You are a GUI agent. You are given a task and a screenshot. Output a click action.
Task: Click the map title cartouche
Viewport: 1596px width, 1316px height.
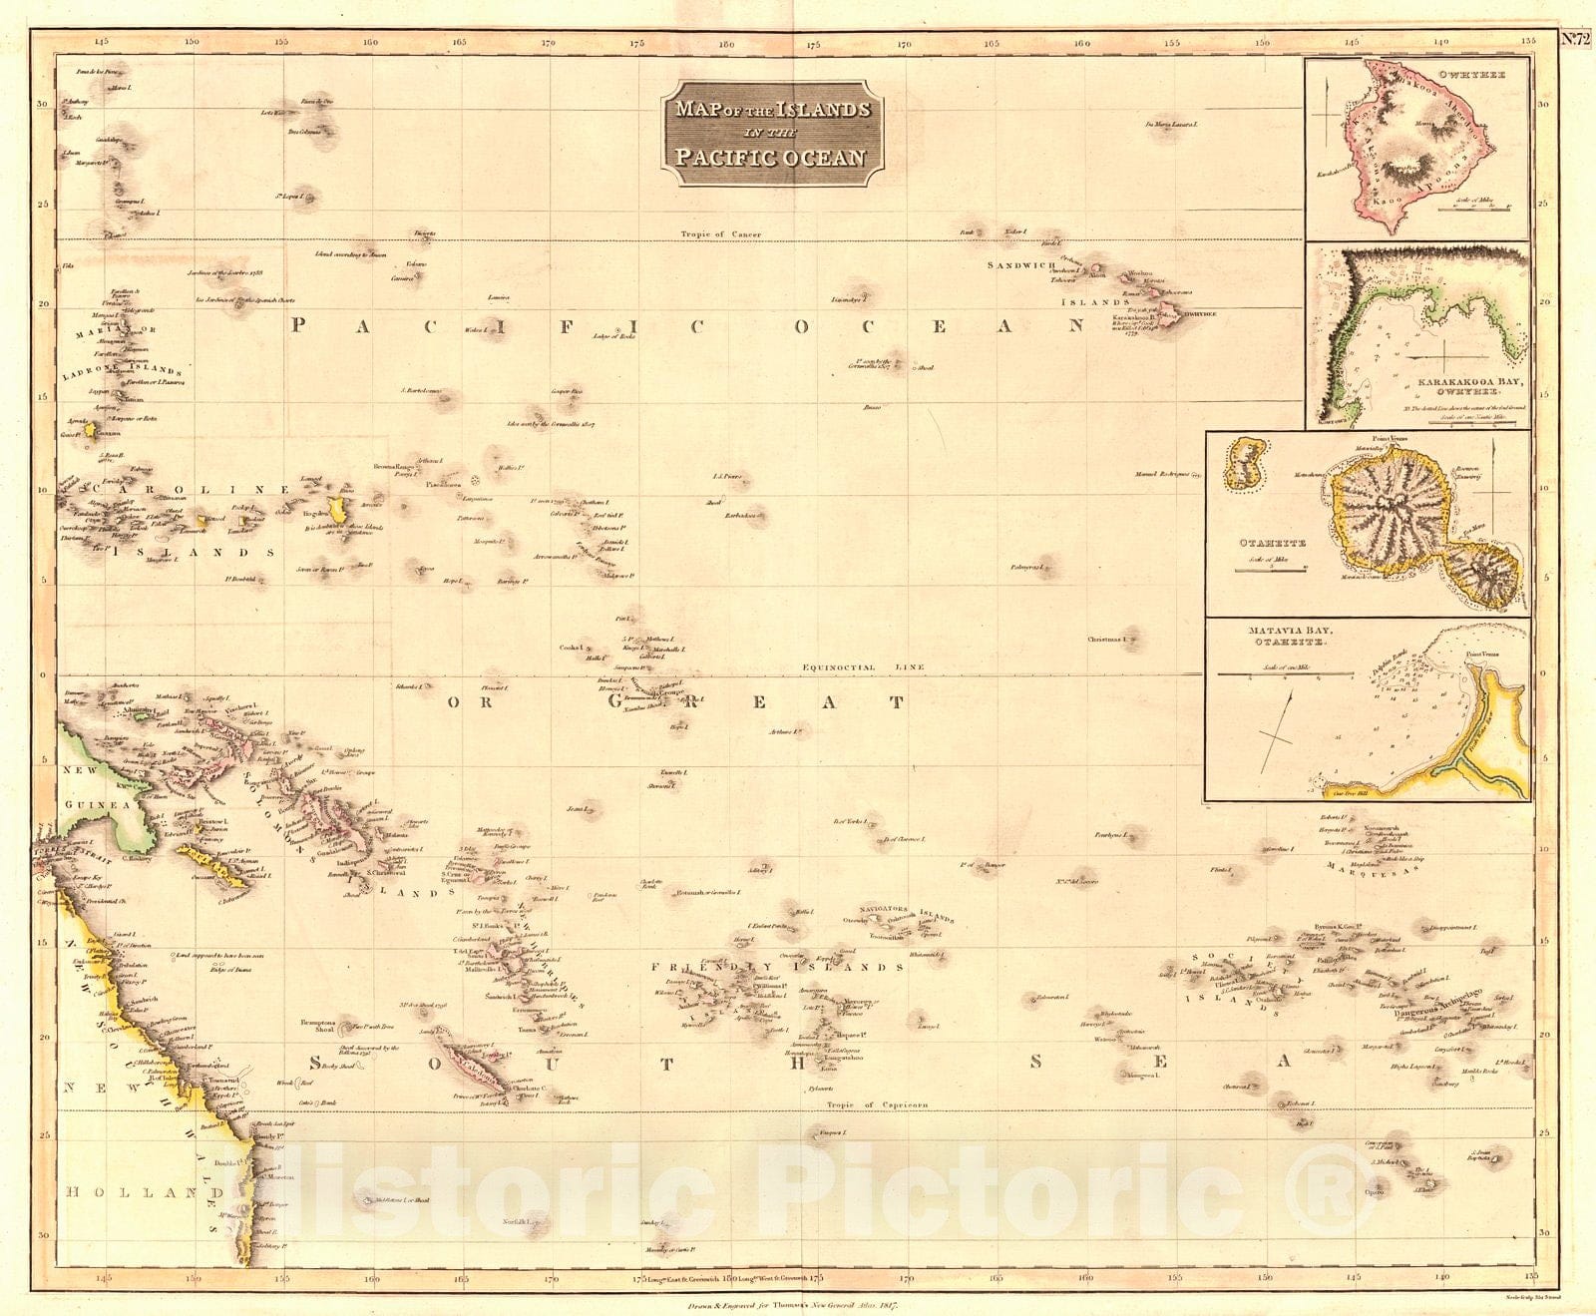771,133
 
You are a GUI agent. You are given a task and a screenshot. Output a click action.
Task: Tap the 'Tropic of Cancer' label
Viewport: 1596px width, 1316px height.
720,234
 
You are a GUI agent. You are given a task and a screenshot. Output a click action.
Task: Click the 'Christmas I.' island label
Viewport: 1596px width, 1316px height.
1111,639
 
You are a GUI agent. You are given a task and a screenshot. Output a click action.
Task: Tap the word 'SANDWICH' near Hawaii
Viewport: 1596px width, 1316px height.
1020,265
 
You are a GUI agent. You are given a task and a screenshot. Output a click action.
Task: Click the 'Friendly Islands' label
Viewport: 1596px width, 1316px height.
777,967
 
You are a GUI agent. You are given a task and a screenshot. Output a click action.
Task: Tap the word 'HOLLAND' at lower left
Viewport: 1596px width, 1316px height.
131,1192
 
